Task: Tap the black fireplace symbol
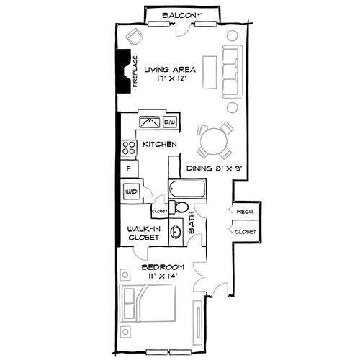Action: click(125, 74)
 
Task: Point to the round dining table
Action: click(214, 141)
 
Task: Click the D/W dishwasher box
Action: click(171, 122)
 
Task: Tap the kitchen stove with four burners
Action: click(130, 148)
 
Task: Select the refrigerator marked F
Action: click(129, 169)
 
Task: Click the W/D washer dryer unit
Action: click(131, 192)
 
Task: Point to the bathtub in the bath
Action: click(186, 192)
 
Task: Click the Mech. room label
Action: click(243, 212)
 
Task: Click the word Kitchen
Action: click(160, 145)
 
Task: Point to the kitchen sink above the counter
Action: click(149, 122)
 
